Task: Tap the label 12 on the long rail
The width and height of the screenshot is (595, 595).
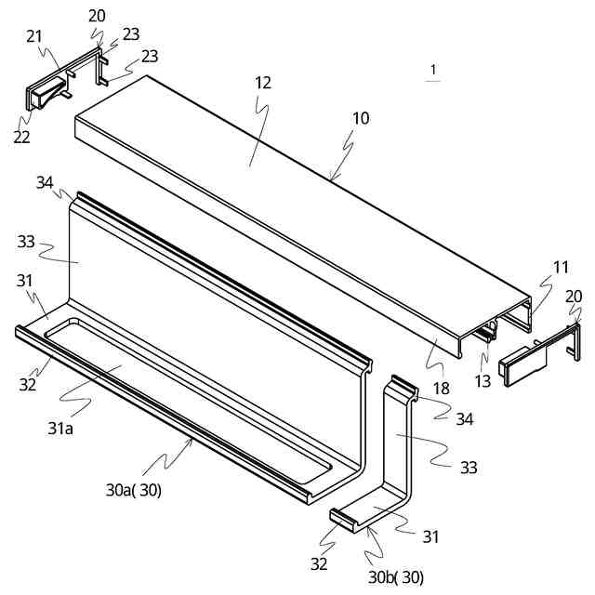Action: point(263,83)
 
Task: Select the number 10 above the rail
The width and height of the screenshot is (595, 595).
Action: point(361,119)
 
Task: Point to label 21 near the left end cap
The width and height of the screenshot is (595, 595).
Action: point(34,36)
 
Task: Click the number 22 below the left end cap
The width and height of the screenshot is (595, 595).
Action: point(21,137)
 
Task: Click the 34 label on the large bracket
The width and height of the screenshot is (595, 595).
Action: point(45,181)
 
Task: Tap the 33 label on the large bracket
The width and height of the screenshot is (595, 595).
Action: point(26,242)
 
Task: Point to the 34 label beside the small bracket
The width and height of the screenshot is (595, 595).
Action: point(464,419)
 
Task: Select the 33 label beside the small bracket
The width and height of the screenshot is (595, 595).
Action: point(469,468)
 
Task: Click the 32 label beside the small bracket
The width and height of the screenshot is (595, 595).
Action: point(318,563)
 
